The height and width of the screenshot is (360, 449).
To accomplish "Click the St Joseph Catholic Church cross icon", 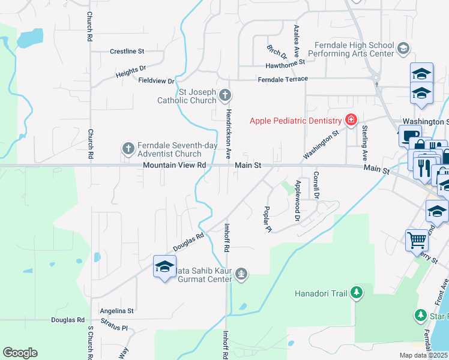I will click(x=224, y=95).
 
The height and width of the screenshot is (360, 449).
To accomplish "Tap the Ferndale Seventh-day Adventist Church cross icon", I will click(x=128, y=148).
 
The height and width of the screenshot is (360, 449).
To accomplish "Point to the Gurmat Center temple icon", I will click(x=241, y=274).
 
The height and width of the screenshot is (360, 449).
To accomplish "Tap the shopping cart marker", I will click(x=417, y=241).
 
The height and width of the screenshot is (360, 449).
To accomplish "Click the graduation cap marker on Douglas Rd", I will click(x=164, y=267).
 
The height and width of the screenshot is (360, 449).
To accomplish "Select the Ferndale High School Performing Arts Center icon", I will click(x=403, y=48).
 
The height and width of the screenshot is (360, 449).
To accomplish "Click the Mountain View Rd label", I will click(x=175, y=165).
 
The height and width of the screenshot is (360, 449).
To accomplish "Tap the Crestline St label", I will click(x=128, y=52).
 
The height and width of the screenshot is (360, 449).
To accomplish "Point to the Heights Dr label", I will click(x=131, y=72).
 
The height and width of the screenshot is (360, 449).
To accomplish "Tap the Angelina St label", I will click(x=117, y=311).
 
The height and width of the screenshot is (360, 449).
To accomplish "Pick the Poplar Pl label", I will click(x=267, y=219).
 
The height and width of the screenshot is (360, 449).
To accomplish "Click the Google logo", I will click(x=20, y=353).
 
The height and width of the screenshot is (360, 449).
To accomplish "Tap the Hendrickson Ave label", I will click(x=228, y=133).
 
